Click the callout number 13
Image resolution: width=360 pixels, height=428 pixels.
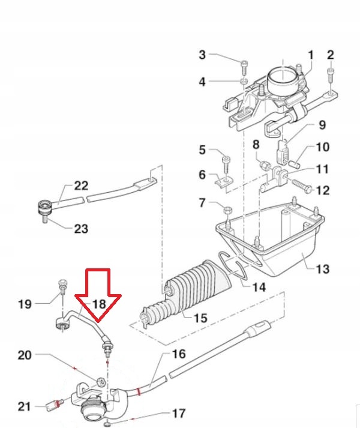pos(323,269)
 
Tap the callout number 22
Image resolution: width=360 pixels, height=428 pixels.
pos(81,186)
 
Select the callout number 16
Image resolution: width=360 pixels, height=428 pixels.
pos(179,354)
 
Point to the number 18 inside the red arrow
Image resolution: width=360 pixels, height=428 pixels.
pos(99,304)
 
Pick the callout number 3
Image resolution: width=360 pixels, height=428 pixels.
pos(202,55)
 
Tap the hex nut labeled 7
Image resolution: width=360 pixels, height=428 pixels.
pos(228,210)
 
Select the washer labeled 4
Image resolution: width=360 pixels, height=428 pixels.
pos(244,81)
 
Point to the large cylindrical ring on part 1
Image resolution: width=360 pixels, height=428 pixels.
pos(283,79)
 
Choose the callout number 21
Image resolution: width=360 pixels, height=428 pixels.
pos(24,406)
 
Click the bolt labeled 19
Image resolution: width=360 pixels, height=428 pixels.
pos(63,286)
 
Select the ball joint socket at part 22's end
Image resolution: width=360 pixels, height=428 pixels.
pos(45,208)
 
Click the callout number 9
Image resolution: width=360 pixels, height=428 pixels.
pos(322,125)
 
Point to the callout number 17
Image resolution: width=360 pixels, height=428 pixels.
pos(179,414)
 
